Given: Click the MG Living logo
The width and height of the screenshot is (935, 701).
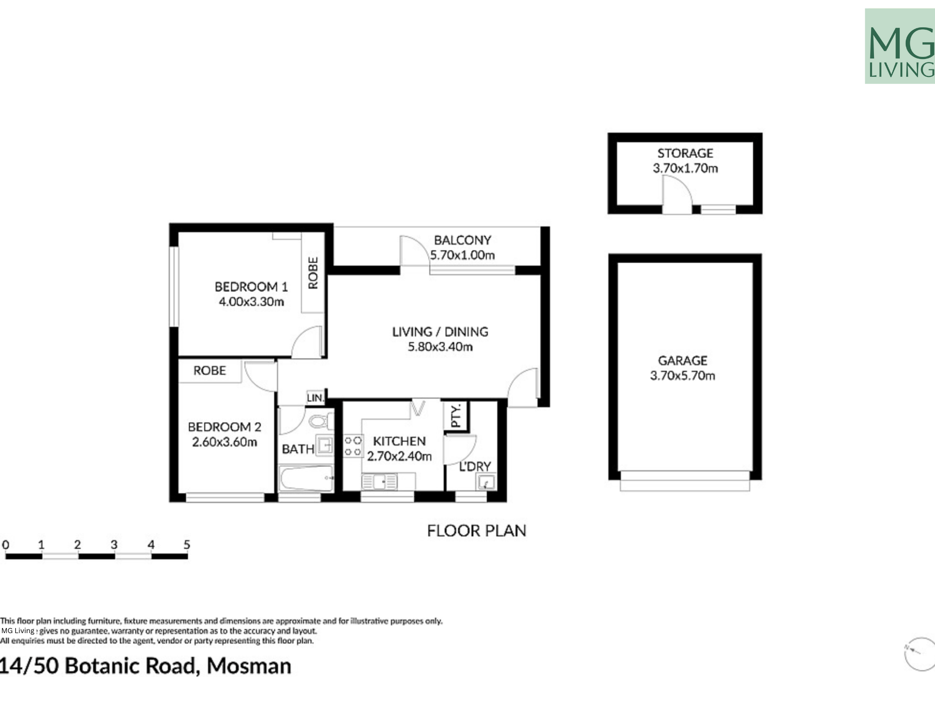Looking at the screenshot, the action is click(x=900, y=46).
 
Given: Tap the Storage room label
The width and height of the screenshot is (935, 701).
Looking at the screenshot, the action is click(x=685, y=153).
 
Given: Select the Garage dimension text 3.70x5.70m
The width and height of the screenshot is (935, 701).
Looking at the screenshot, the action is click(x=683, y=376).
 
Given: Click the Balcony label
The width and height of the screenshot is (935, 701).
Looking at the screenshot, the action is click(x=462, y=240).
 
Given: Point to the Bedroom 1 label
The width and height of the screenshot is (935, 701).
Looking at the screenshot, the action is click(x=251, y=286).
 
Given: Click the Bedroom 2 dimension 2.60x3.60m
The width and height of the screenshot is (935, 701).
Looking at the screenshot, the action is click(x=224, y=442).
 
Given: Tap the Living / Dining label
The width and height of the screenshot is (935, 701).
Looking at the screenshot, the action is click(x=440, y=332).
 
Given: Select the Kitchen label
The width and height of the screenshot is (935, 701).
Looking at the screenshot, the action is click(x=399, y=441).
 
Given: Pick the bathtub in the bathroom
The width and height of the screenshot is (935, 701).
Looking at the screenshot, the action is click(x=306, y=479).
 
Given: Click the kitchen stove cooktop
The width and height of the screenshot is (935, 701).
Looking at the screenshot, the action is click(x=353, y=446).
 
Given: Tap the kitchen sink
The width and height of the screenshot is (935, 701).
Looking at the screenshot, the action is click(x=379, y=482).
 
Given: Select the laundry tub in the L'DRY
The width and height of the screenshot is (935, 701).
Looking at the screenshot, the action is click(x=486, y=482).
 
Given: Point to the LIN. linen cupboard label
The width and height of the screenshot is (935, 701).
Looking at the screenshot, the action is click(x=315, y=397).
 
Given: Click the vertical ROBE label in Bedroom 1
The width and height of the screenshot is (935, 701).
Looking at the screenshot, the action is click(x=313, y=273).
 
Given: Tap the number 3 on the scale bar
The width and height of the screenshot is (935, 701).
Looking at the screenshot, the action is click(x=114, y=545).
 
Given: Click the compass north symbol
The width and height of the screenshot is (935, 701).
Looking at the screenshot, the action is click(x=919, y=654).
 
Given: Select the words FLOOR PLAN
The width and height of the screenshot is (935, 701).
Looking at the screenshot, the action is click(x=476, y=531).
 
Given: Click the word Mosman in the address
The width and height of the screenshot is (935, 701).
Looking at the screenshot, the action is click(x=249, y=666).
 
